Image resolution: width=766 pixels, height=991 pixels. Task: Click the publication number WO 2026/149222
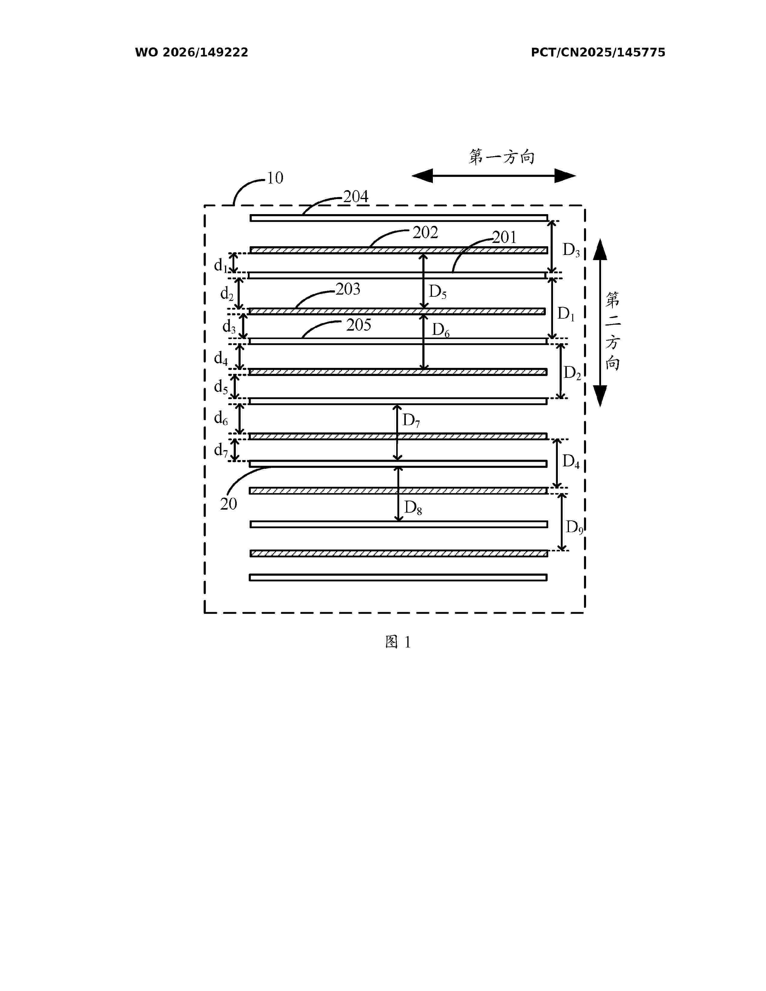pos(192,53)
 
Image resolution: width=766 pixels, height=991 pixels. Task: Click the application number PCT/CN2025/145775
pos(598,53)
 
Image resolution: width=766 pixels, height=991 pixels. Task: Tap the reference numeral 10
pos(275,178)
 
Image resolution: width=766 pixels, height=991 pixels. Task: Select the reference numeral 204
pos(356,196)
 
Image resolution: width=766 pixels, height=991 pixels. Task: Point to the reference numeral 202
pos(425,232)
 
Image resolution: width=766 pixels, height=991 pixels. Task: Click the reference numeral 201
pos(504,237)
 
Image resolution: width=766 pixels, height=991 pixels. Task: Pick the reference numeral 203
pos(348,289)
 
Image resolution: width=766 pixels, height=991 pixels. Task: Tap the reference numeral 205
pos(358,325)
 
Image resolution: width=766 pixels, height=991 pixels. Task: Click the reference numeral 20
pos(229,504)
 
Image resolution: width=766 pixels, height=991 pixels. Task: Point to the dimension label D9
pos(574,528)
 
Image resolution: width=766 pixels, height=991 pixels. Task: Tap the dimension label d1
pos(221,265)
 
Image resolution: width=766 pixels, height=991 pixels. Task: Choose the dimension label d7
pos(221,450)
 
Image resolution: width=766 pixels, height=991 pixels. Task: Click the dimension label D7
pos(411,421)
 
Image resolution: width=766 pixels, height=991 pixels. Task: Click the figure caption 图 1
pos(398,642)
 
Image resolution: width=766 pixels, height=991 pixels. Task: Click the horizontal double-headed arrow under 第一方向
pos(494,176)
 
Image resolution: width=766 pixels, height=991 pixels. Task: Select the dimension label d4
pos(221,359)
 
